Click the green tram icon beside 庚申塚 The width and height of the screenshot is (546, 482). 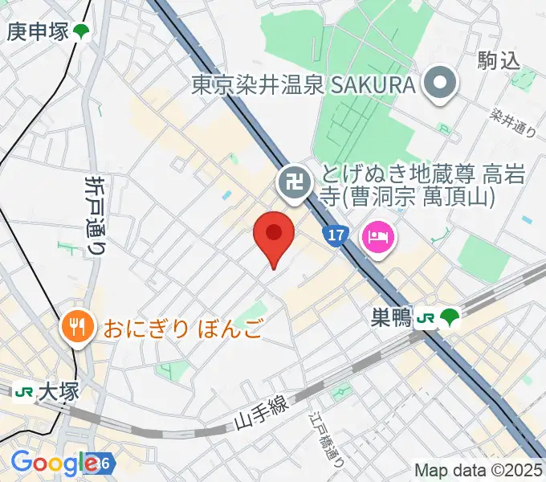80,32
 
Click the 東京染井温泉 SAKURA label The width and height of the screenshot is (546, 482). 304,84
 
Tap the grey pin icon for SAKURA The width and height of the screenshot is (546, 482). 440,84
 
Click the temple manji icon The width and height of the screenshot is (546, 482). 291,182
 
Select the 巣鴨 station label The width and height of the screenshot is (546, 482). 391,319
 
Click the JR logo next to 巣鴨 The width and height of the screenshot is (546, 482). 426,319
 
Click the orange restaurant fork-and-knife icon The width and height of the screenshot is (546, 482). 77,327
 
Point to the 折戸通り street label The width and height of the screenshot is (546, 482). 96,215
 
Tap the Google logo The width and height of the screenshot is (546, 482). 55,463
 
